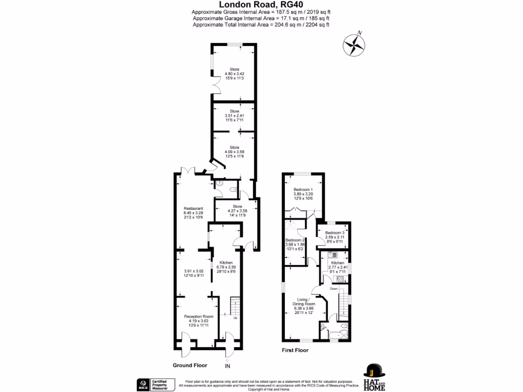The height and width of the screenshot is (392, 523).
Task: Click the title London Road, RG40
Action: (261, 4)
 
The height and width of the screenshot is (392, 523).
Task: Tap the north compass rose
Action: (354, 45)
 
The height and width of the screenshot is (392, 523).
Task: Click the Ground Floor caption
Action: (189, 365)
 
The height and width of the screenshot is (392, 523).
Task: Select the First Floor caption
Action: (296, 351)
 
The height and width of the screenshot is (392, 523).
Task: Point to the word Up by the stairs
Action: (235, 318)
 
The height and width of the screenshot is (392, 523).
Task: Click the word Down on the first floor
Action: (334, 289)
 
